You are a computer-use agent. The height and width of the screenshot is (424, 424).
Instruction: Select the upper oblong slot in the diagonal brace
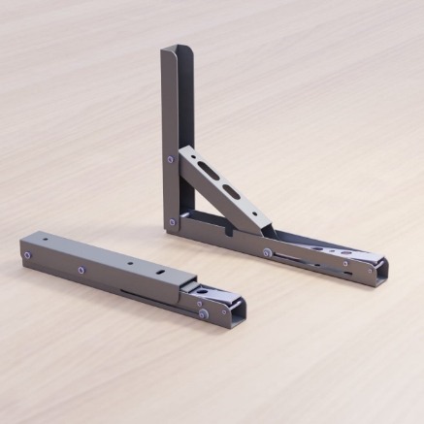(x=211, y=171)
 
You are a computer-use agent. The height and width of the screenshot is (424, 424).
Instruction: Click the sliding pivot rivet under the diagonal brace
(x=267, y=252)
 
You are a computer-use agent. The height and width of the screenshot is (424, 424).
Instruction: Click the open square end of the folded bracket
(x=235, y=311)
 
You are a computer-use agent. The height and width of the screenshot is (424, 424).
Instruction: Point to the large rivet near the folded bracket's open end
(x=202, y=312)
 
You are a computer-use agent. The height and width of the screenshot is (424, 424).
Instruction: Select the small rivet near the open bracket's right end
(x=342, y=262)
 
